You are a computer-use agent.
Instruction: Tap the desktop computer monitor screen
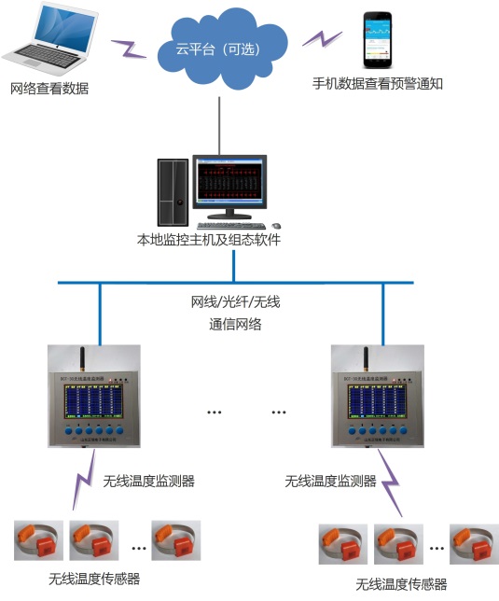[x=229, y=183]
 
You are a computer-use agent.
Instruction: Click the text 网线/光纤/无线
[x=235, y=303]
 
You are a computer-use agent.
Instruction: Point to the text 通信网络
[x=235, y=325]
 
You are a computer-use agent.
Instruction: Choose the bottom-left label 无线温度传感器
[x=93, y=579]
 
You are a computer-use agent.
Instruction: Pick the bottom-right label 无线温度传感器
[x=401, y=584]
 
